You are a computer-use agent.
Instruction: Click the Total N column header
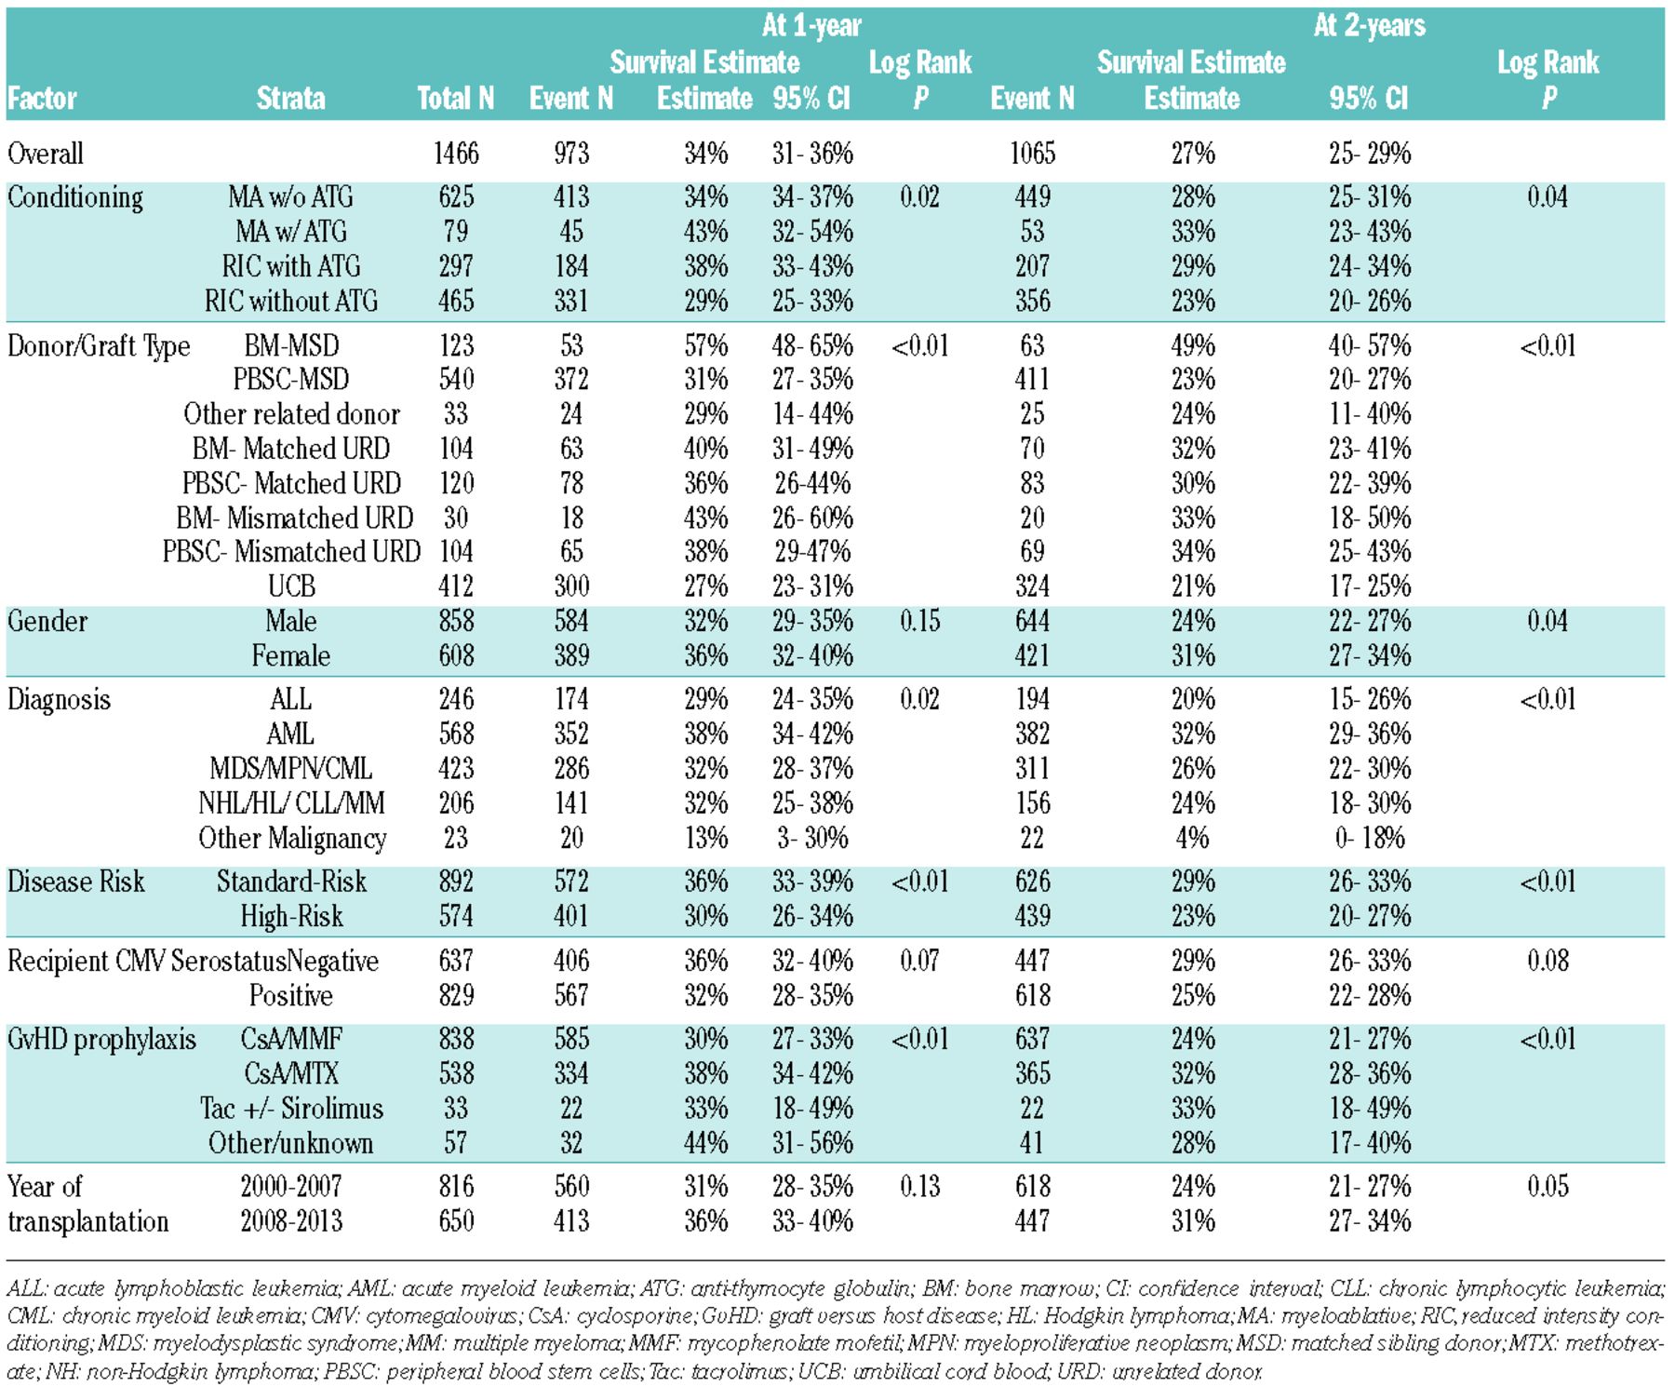(x=455, y=99)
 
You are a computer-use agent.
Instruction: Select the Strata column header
(x=290, y=99)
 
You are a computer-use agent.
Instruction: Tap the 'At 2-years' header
(x=1369, y=26)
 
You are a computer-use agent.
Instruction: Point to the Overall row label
(x=46, y=154)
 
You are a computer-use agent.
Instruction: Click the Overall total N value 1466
(x=456, y=154)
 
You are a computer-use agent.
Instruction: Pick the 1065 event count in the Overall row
(x=1032, y=154)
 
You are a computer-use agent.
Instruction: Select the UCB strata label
(x=291, y=586)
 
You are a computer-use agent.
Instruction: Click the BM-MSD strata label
(x=291, y=346)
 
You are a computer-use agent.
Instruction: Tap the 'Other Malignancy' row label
(x=291, y=839)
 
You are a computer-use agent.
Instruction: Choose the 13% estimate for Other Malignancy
(x=705, y=839)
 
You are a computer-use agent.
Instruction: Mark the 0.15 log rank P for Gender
(x=919, y=621)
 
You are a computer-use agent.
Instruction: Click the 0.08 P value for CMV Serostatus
(x=1548, y=961)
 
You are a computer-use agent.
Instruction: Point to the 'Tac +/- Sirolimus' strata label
(x=291, y=1109)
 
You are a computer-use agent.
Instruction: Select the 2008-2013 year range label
(x=291, y=1221)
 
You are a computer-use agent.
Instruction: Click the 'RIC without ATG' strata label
(x=291, y=302)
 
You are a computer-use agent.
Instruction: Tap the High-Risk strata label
(x=291, y=917)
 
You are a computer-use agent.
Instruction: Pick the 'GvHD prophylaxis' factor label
(x=101, y=1040)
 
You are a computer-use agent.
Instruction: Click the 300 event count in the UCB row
(x=571, y=586)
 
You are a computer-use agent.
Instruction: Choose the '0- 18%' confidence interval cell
(x=1369, y=839)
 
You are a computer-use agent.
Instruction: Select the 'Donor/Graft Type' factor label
(x=99, y=346)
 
